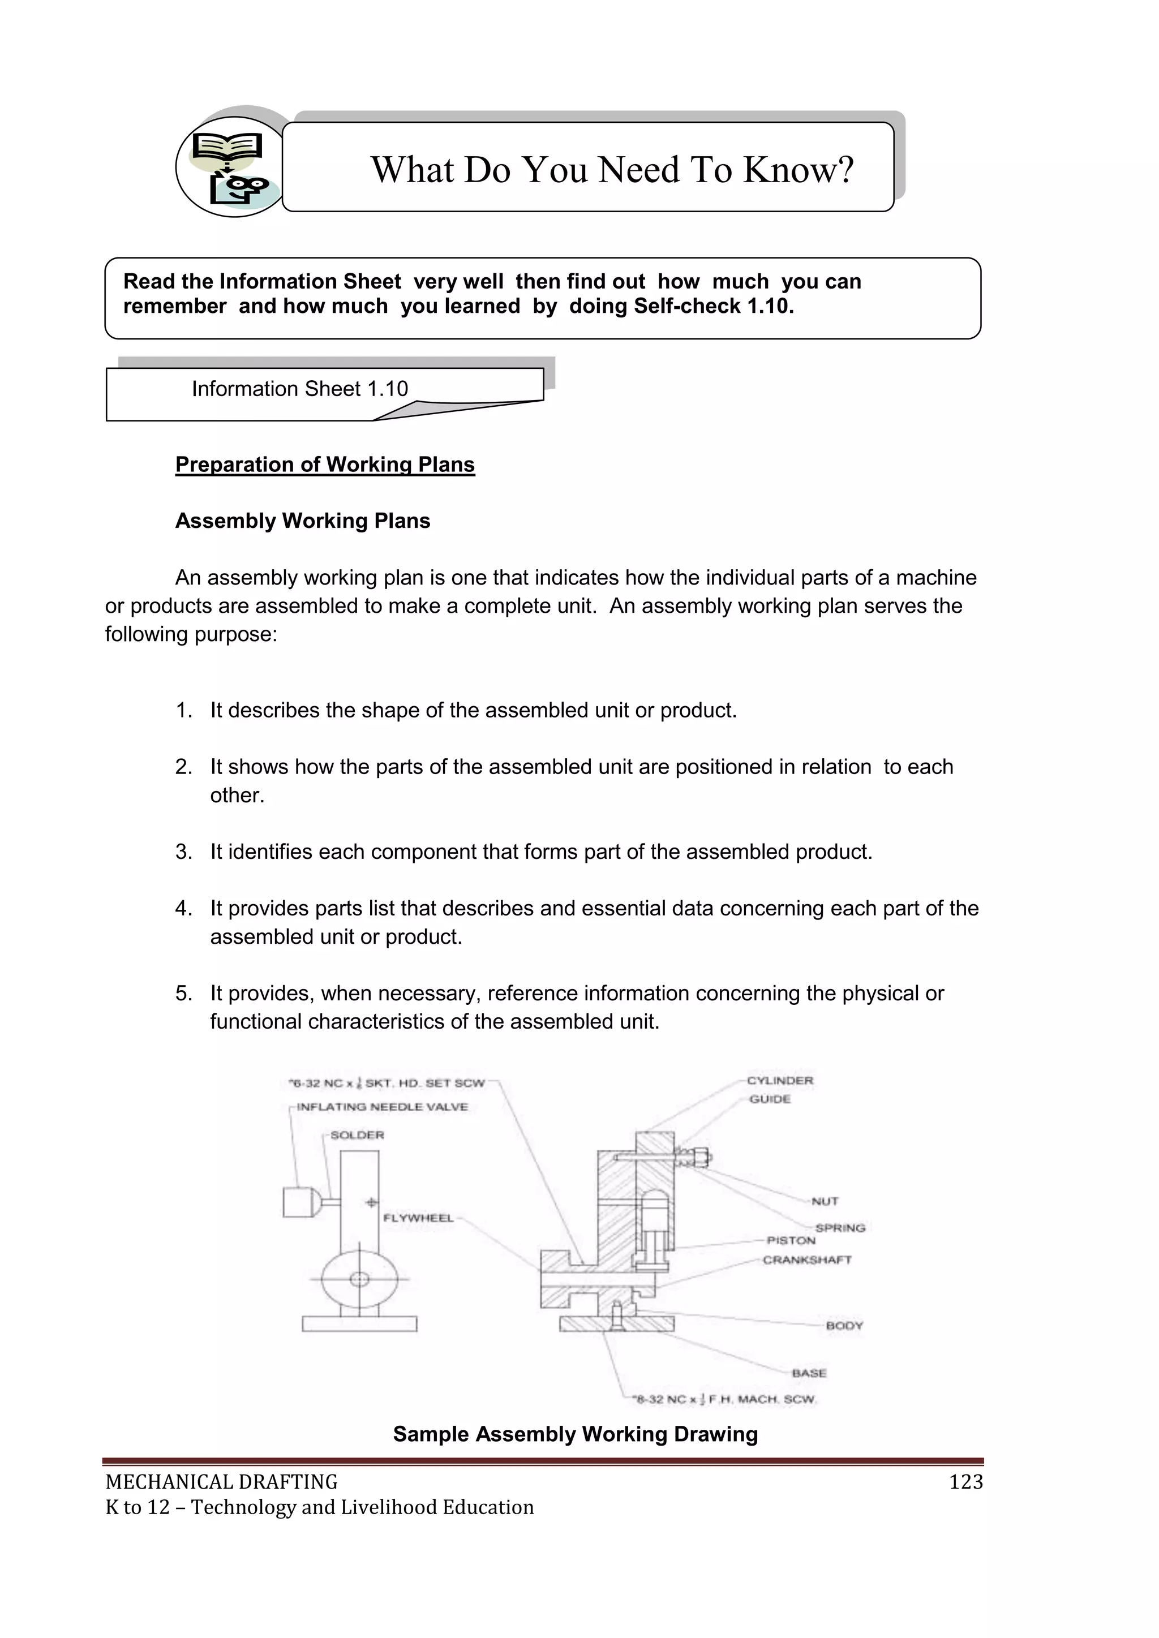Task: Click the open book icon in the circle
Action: (x=227, y=148)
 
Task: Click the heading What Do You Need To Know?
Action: (x=612, y=170)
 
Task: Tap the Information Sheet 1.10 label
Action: (x=300, y=389)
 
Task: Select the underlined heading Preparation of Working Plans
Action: (x=325, y=465)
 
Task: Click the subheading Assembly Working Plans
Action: (x=303, y=521)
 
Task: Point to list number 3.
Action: (x=183, y=852)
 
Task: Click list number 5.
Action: (x=183, y=993)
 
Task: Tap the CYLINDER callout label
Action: (x=779, y=1080)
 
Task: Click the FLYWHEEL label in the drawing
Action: (x=418, y=1218)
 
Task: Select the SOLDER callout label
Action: (x=357, y=1135)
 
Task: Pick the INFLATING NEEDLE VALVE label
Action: (x=382, y=1107)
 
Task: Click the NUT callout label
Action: (x=825, y=1201)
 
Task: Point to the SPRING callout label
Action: (x=840, y=1228)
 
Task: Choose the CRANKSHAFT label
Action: (x=806, y=1260)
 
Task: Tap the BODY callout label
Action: (x=844, y=1326)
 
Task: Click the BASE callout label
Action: (x=809, y=1373)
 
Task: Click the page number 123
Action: (x=965, y=1482)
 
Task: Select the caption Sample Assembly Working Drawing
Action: (x=575, y=1434)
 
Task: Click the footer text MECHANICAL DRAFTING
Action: (x=221, y=1482)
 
